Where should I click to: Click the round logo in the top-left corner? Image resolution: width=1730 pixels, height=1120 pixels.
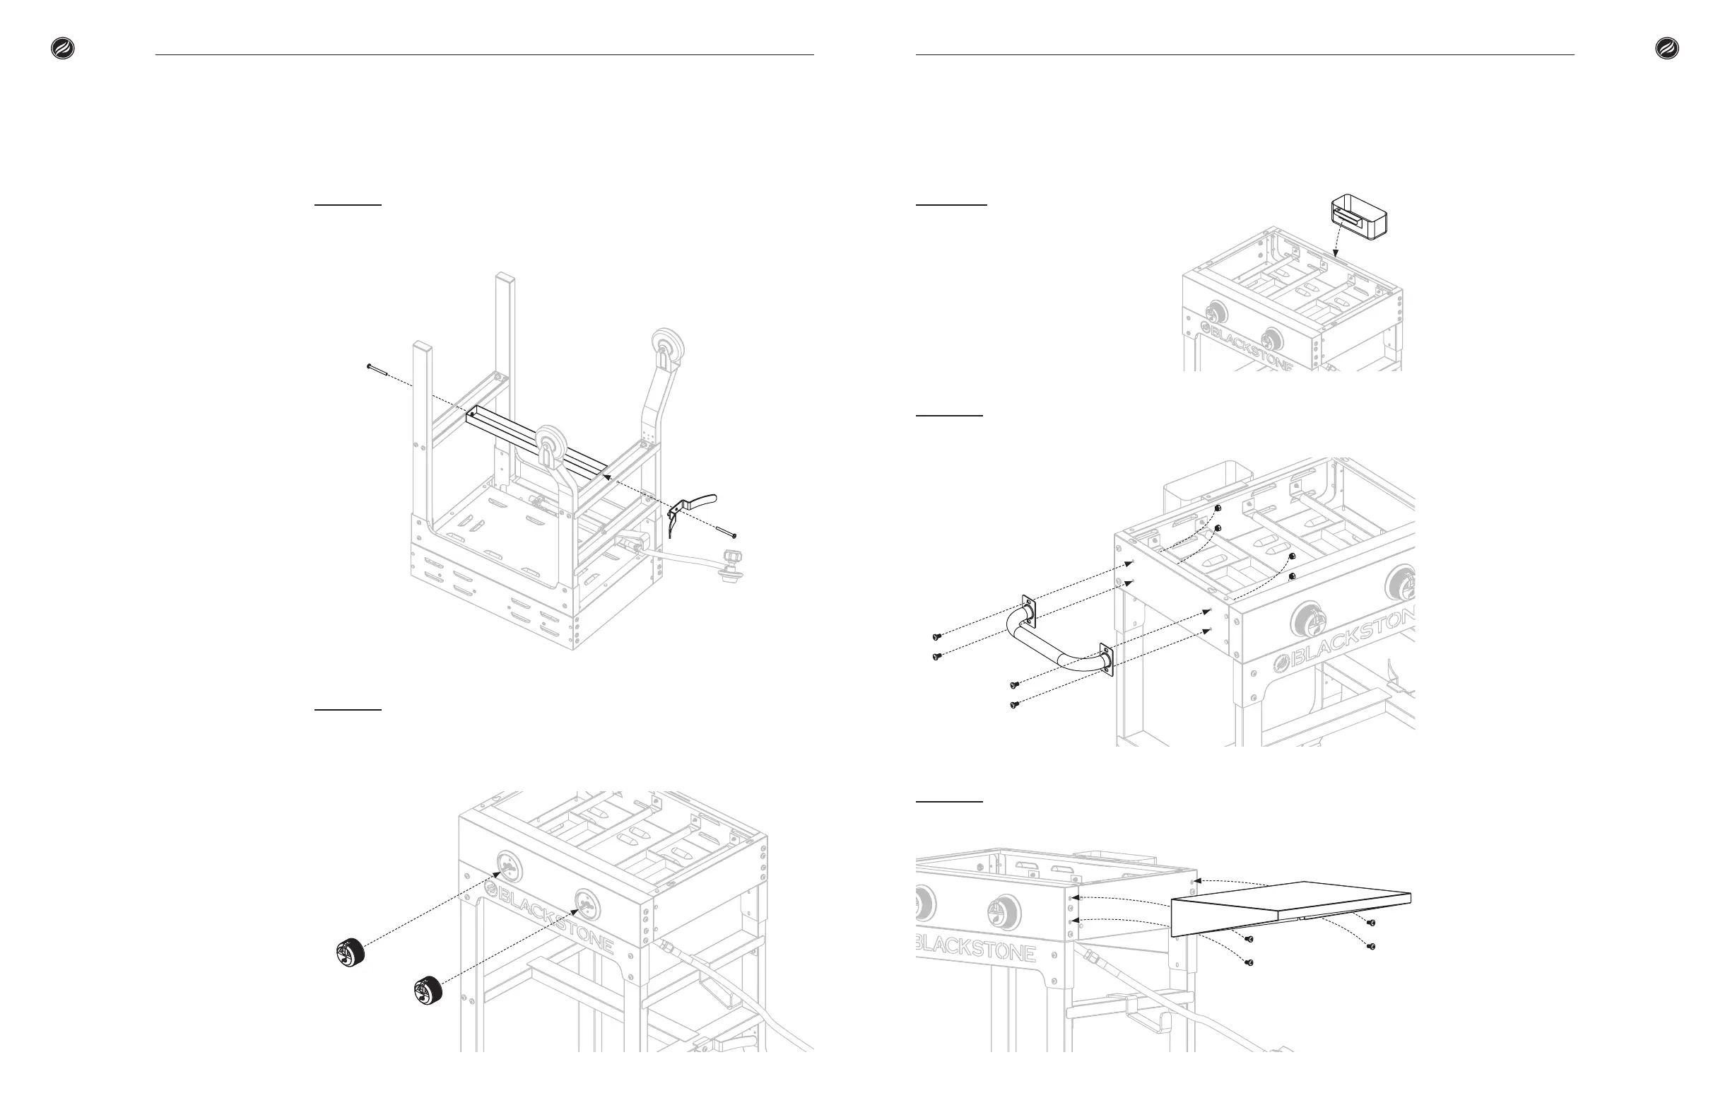(62, 49)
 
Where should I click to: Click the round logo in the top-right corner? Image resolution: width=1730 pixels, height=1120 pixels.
(1667, 49)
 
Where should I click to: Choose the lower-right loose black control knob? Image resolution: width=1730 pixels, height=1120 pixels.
(428, 991)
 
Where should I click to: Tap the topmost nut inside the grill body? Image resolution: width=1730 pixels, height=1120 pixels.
(1217, 508)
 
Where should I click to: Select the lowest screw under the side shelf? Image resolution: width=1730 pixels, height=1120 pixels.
(1249, 962)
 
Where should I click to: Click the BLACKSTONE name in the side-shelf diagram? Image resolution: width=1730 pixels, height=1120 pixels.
(974, 945)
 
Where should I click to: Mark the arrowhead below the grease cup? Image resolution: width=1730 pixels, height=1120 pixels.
(1336, 255)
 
